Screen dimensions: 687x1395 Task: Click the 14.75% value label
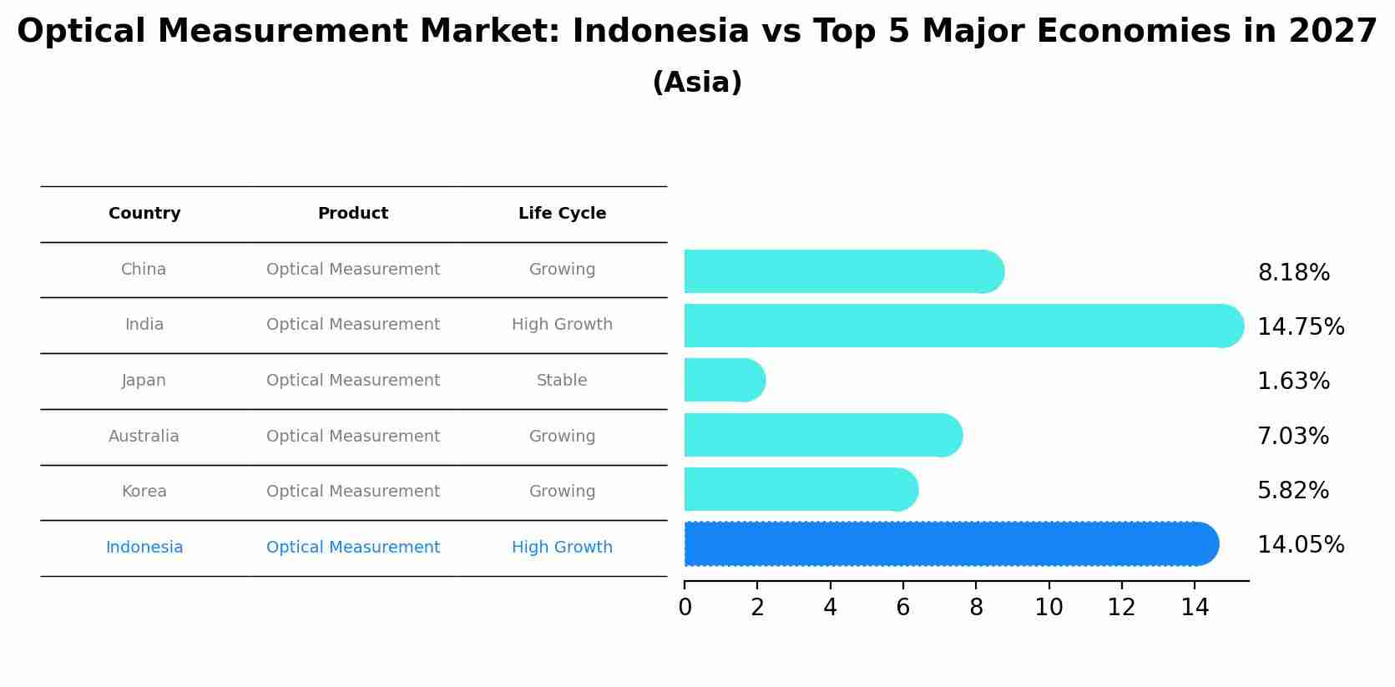click(1301, 327)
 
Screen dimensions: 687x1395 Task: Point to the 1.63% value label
click(1293, 381)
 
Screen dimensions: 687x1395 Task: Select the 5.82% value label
click(1293, 491)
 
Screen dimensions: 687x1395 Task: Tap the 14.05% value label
click(1301, 545)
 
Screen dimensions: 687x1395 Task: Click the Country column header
click(144, 214)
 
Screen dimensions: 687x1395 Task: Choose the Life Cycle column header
click(562, 214)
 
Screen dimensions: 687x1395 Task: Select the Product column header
click(353, 214)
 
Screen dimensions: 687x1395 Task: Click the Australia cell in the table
click(144, 437)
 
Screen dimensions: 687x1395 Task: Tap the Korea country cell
click(144, 492)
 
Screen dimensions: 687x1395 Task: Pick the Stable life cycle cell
click(562, 381)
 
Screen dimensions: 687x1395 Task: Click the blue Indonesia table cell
click(144, 548)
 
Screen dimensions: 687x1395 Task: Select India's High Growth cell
click(562, 325)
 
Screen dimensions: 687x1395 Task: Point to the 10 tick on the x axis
click(1049, 608)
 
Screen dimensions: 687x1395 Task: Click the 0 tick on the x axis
click(685, 608)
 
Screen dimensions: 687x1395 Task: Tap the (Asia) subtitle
click(697, 83)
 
